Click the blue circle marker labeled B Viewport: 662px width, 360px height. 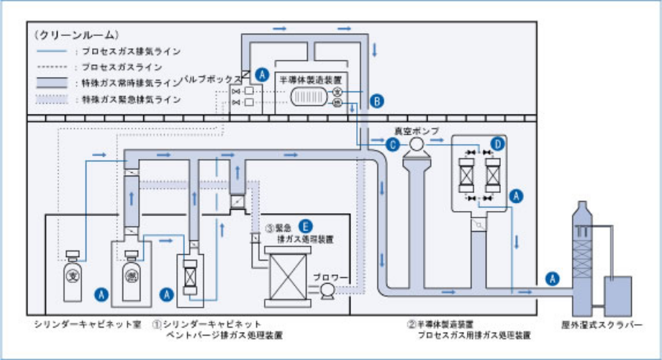click(x=378, y=101)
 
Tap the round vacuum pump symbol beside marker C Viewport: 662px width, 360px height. click(x=415, y=145)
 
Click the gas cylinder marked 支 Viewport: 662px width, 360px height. click(x=72, y=276)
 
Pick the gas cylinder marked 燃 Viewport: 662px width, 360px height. click(x=131, y=276)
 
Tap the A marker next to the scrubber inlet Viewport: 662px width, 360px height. click(x=552, y=277)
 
